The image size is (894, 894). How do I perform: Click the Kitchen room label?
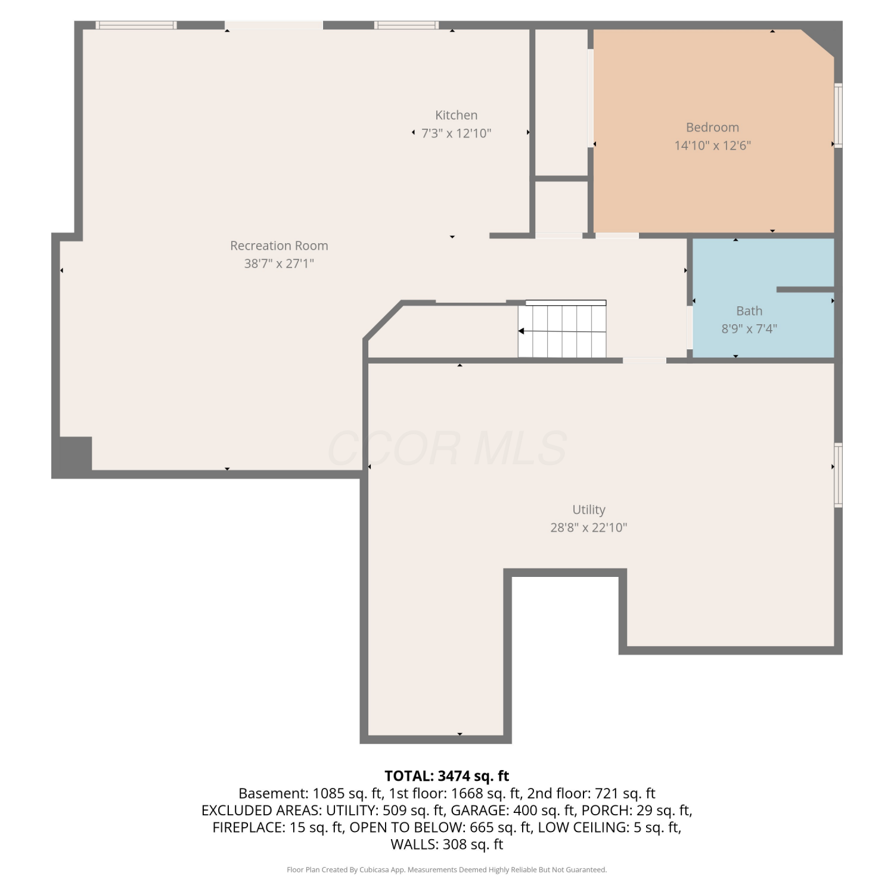pos(456,115)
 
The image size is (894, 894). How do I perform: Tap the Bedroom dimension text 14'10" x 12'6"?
pos(712,145)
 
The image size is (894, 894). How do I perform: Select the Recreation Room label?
pos(279,246)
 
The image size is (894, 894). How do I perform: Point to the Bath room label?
pos(749,311)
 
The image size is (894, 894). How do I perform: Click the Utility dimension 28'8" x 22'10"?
pos(588,527)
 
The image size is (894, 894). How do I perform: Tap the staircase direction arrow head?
pos(521,331)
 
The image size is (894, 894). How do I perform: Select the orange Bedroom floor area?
pos(713,131)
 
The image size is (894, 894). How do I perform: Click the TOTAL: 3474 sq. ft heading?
pos(447,776)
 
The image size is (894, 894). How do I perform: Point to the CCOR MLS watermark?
pos(447,448)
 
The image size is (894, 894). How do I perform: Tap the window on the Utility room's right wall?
pos(838,475)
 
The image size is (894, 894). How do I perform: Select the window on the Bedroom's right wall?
pos(838,115)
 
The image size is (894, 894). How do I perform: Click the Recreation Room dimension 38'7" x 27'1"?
pos(279,263)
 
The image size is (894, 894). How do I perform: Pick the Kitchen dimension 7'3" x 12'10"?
pos(457,134)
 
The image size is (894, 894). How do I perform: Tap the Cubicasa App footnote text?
pos(447,870)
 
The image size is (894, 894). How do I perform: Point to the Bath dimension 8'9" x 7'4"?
pos(749,328)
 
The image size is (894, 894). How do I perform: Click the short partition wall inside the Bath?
pos(805,290)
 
